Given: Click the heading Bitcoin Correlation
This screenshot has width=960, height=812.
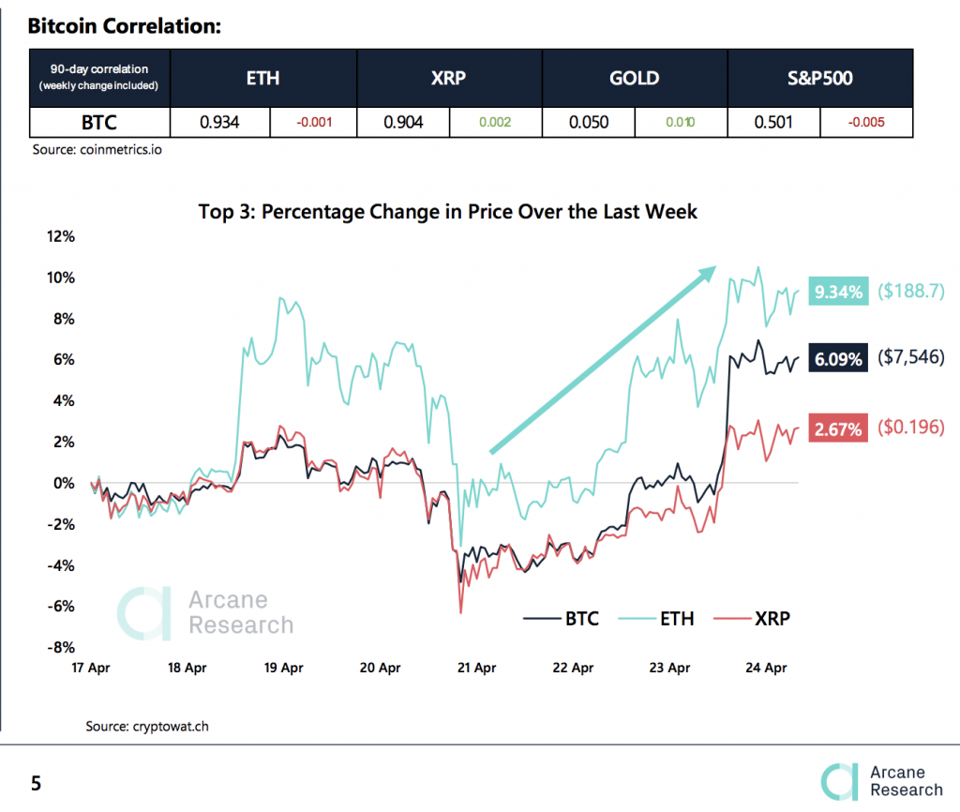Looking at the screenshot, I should (124, 25).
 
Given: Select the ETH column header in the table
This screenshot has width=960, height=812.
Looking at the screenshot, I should (262, 78).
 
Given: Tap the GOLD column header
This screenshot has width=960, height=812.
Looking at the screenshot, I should (635, 78).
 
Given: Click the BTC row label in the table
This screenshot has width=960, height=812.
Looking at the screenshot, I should (99, 122).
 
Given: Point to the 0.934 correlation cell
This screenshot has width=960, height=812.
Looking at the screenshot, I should (220, 122).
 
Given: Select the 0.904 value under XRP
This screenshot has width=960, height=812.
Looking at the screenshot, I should (404, 122).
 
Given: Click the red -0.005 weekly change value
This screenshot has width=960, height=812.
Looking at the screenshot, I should (866, 122).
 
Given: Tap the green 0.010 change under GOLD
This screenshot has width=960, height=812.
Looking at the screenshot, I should (681, 122).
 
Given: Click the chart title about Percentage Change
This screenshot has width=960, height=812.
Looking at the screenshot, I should (447, 212).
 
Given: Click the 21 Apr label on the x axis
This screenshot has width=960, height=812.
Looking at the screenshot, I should (476, 669).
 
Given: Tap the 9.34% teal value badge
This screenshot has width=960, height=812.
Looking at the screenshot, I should (839, 293).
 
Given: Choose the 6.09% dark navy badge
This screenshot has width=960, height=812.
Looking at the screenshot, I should (839, 358).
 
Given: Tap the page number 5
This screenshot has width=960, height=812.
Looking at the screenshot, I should (36, 783).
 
